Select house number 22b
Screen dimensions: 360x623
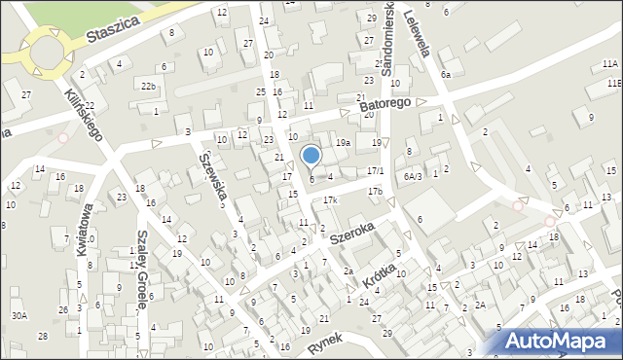147,87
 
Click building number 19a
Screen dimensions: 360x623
343,142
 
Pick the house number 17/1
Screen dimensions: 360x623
376,171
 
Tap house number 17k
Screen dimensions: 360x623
331,200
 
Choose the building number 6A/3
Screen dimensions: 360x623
413,176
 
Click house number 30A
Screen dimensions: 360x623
18,315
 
